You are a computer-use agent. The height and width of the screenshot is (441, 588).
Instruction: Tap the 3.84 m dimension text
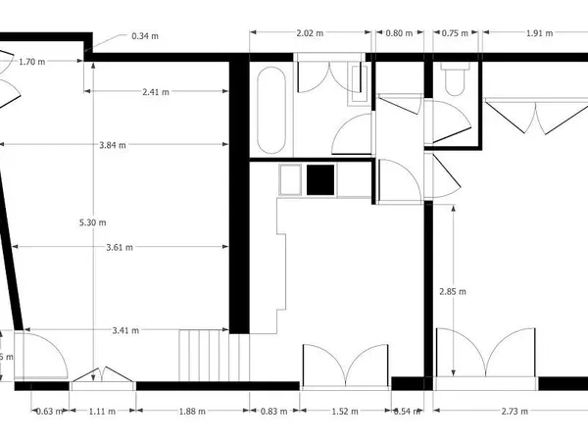[x=113, y=145]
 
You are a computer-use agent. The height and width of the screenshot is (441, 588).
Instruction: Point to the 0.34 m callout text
[x=145, y=37]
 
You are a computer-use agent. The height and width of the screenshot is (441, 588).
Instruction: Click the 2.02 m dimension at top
[x=310, y=33]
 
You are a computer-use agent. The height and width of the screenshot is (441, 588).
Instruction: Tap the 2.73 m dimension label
[x=514, y=412]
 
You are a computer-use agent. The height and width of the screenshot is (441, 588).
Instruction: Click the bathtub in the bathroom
[x=270, y=110]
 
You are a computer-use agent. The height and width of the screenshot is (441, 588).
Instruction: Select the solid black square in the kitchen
[x=320, y=180]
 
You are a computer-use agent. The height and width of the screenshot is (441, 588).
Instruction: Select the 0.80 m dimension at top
[x=398, y=33]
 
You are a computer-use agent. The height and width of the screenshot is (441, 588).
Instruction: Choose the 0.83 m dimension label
[x=274, y=412]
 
